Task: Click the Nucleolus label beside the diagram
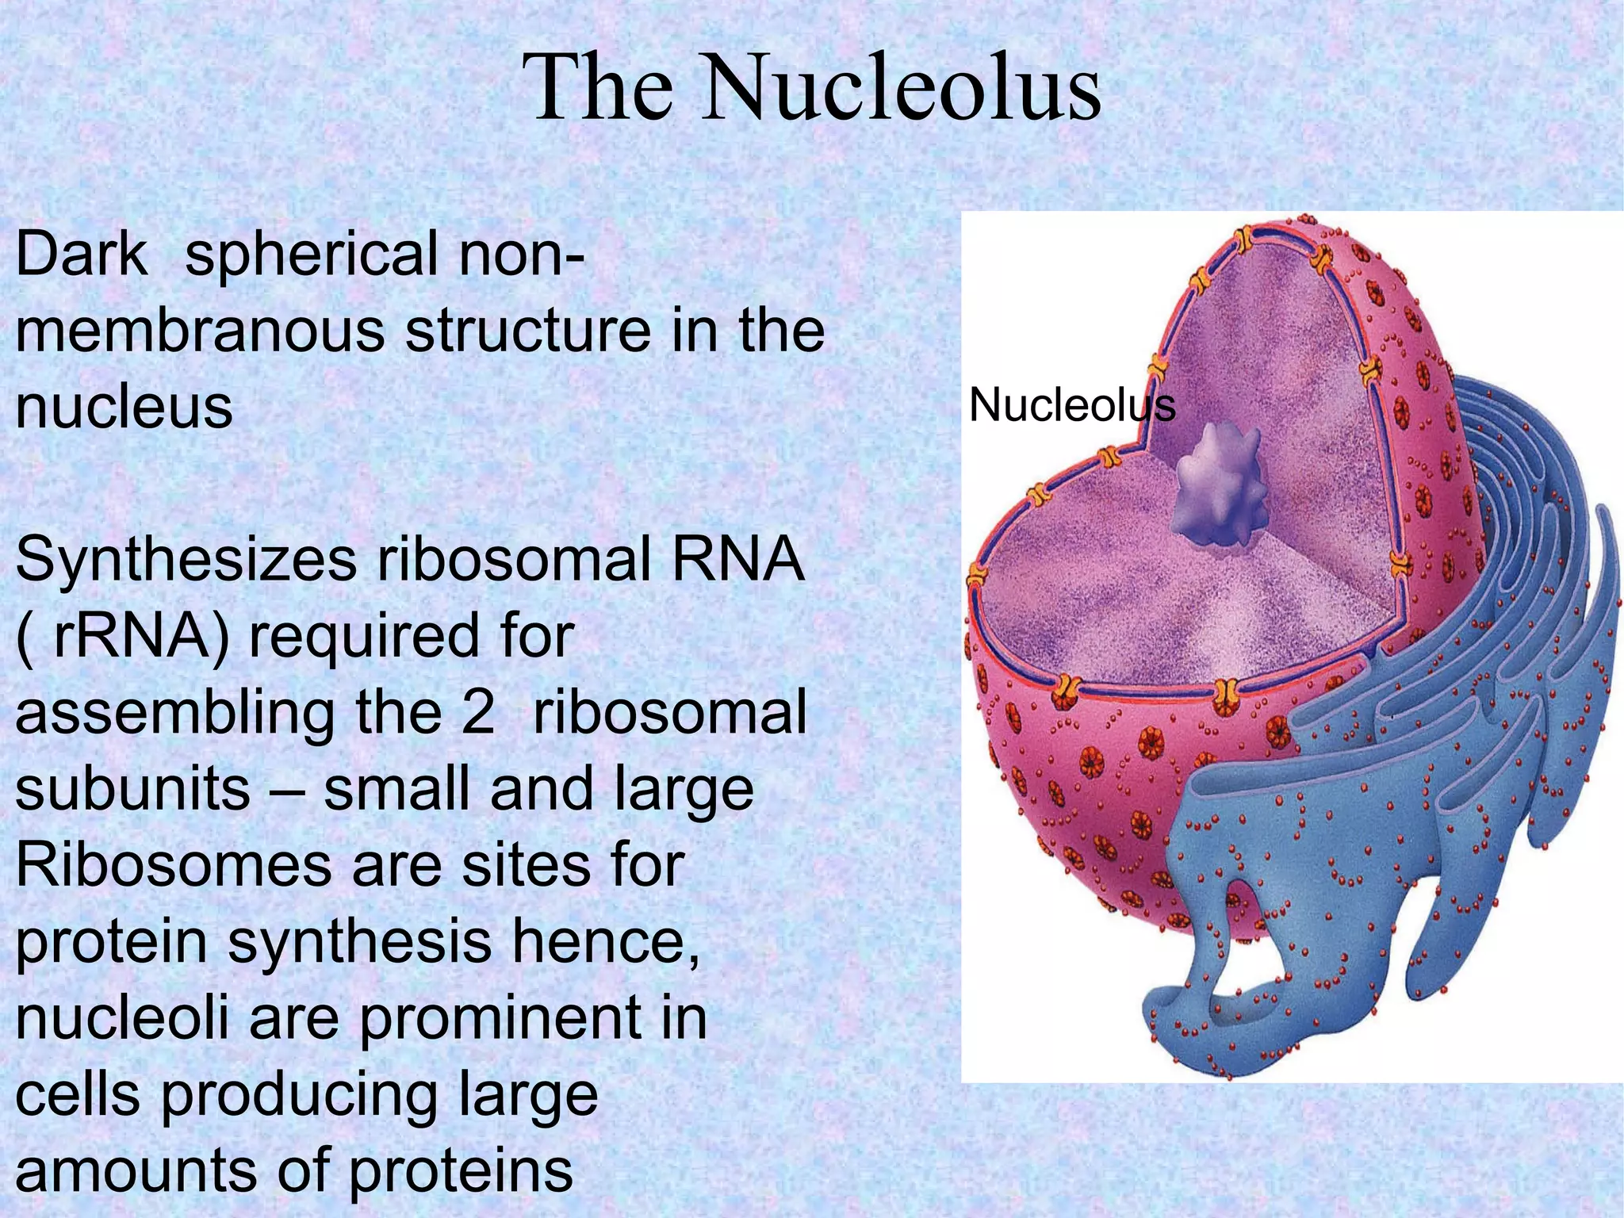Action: click(1071, 405)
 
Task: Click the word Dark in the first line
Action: click(82, 255)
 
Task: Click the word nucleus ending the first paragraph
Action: click(124, 408)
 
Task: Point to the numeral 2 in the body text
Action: click(477, 713)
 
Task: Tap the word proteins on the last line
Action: click(461, 1172)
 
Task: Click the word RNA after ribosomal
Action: click(737, 561)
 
